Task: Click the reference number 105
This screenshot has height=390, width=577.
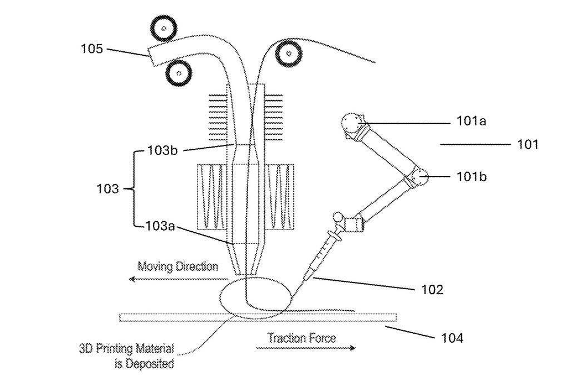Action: pos(92,48)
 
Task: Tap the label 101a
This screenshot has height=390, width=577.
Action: pos(471,121)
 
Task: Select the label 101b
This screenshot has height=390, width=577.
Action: pos(471,177)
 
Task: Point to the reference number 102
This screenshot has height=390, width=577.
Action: pos(432,289)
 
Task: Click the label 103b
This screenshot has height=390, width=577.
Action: pos(162,150)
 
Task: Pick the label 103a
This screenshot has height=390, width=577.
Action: pos(160,226)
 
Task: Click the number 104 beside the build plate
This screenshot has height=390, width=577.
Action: pos(452,338)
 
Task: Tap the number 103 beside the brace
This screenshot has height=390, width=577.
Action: pos(107,189)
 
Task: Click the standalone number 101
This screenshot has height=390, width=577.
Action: pos(527,144)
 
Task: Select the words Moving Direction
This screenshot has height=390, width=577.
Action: pos(177,266)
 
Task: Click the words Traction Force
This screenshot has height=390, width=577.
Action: pos(302,338)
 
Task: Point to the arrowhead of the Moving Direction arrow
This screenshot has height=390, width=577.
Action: pos(132,279)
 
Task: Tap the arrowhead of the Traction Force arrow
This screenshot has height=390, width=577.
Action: pos(353,348)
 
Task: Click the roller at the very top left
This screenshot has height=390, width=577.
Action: pos(164,28)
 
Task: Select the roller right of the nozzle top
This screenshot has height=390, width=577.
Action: pos(289,54)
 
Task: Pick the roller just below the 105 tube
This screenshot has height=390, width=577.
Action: pos(179,73)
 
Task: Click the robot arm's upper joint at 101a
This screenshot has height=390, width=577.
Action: pos(353,125)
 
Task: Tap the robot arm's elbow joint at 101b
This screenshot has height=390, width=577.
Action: pos(417,177)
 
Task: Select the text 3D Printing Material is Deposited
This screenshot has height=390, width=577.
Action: pos(127,356)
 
